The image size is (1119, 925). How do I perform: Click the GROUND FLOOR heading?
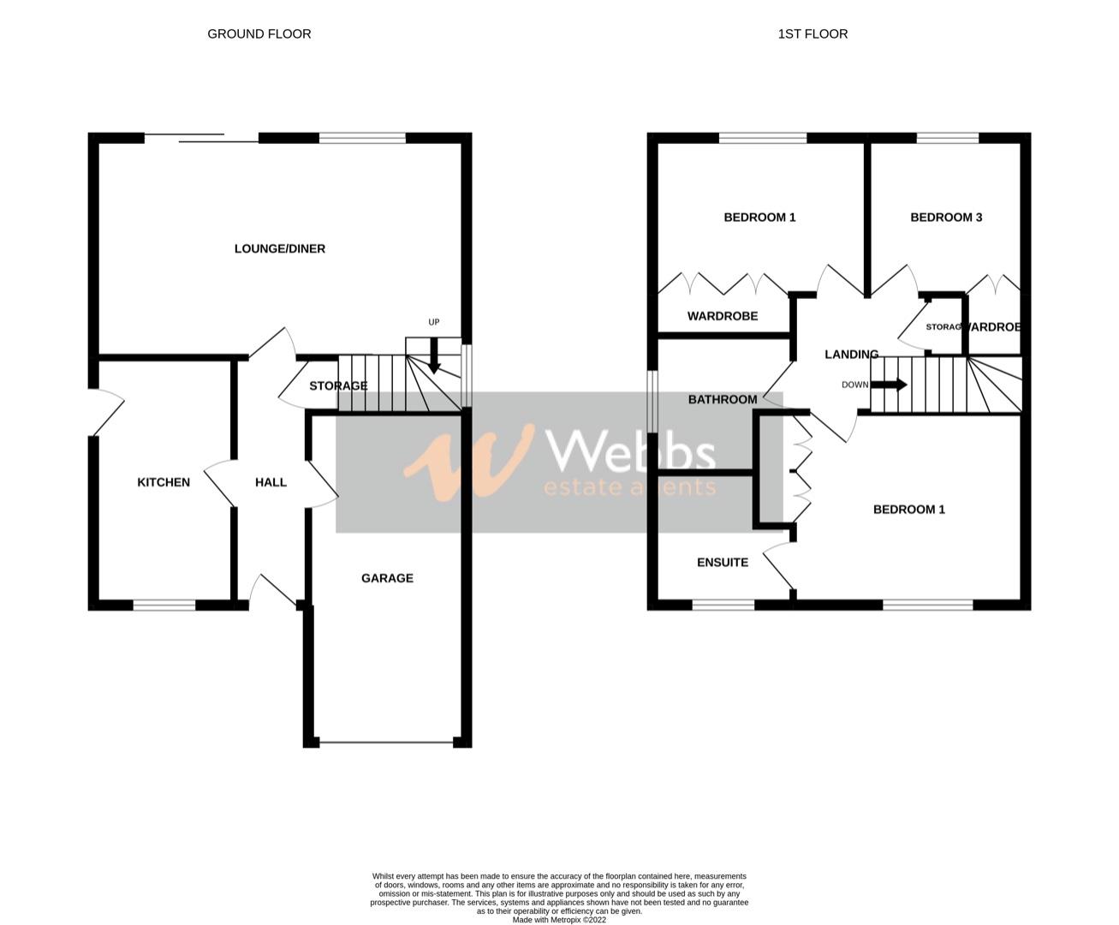[259, 34]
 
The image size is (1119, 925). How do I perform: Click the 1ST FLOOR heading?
[812, 34]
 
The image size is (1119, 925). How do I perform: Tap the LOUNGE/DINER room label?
[280, 249]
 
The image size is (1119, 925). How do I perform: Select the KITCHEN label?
[164, 483]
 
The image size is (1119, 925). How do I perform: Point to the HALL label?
[271, 483]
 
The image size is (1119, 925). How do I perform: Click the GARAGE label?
[387, 579]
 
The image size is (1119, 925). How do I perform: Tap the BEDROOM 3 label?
[946, 218]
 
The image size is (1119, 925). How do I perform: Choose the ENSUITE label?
[723, 563]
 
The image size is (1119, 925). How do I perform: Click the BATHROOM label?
[723, 400]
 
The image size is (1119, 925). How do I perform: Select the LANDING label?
[851, 355]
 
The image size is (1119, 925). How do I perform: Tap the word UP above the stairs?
[434, 322]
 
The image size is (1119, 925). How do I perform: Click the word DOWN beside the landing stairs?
[854, 385]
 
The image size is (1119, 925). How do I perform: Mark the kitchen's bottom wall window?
[164, 606]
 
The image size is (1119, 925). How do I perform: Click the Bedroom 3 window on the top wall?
[948, 137]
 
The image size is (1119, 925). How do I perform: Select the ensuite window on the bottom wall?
[723, 606]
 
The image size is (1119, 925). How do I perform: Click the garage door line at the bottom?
[386, 742]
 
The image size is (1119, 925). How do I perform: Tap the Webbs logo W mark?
[467, 462]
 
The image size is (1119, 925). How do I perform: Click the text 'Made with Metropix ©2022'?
[559, 921]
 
